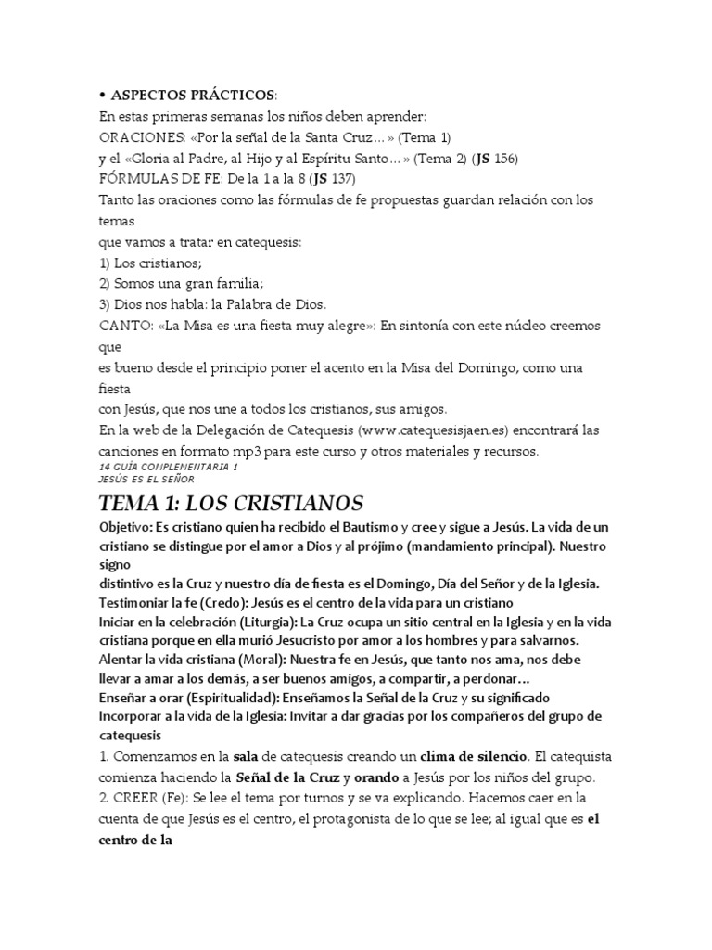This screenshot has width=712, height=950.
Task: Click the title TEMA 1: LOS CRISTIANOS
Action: click(231, 504)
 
